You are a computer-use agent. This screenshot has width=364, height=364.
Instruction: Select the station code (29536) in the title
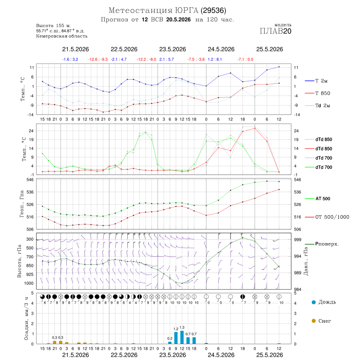click(x=213, y=11)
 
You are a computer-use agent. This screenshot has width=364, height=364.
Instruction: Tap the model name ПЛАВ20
click(x=275, y=31)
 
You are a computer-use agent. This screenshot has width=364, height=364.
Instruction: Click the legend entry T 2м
click(x=316, y=81)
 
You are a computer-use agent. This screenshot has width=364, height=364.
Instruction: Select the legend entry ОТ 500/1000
click(x=327, y=217)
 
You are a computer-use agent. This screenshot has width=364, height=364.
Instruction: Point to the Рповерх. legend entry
click(x=322, y=244)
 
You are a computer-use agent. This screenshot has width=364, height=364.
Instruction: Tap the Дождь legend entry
click(x=324, y=302)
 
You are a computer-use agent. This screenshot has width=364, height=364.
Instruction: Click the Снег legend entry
click(x=321, y=321)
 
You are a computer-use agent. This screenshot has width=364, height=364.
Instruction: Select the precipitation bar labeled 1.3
click(x=182, y=337)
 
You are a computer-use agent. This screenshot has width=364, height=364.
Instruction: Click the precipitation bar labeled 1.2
click(x=176, y=338)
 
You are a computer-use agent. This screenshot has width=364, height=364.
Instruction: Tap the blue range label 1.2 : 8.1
click(x=215, y=59)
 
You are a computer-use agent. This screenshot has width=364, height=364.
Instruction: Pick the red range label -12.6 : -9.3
click(x=98, y=59)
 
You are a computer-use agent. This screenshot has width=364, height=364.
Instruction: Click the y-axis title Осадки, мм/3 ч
click(x=26, y=319)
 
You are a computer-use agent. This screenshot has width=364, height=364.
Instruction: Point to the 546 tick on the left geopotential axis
click(x=30, y=180)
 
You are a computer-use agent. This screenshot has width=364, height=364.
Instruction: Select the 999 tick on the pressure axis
click(x=298, y=239)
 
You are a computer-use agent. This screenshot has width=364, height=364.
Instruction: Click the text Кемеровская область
click(x=62, y=36)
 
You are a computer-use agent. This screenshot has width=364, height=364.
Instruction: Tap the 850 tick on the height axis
click(x=30, y=266)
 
